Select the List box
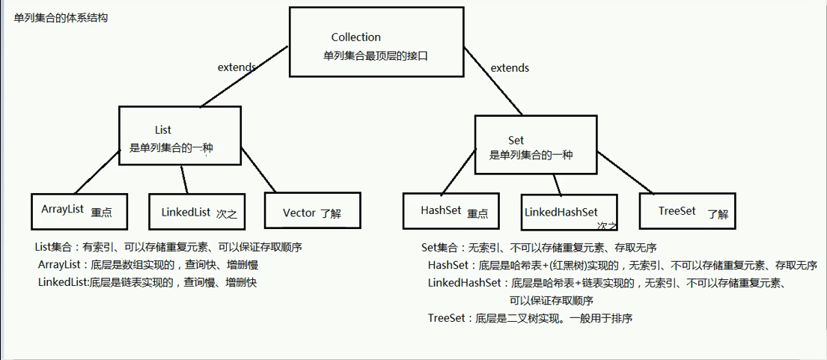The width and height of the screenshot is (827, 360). (x=180, y=135)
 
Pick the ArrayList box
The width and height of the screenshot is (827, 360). (x=79, y=211)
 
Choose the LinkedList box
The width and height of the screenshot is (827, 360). (x=198, y=212)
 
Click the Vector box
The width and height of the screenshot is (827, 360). (x=312, y=212)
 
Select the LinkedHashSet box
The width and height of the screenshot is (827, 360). (x=570, y=212)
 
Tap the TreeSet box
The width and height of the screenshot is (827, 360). (x=687, y=211)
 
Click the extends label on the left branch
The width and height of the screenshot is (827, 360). (x=236, y=67)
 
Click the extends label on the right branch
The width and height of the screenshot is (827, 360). (x=510, y=68)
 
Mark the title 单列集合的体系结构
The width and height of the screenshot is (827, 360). (x=61, y=17)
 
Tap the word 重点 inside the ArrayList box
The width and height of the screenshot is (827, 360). (x=101, y=213)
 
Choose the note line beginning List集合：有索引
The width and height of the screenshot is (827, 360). (x=168, y=247)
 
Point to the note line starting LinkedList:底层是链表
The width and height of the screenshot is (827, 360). (x=147, y=282)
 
